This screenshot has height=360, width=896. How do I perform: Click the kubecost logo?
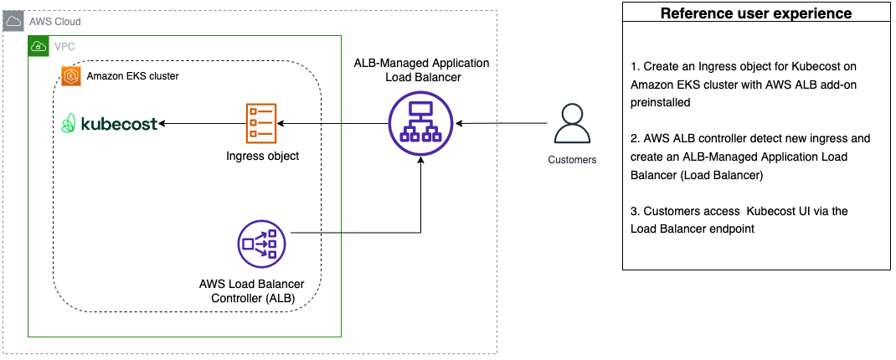coord(110,124)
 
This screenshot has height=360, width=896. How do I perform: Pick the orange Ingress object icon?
coord(261,123)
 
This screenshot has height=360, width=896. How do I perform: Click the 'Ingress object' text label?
coord(262,156)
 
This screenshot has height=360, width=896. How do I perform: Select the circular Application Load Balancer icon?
coord(420,124)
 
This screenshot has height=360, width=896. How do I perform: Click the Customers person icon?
coord(572,124)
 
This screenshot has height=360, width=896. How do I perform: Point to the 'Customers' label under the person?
coord(572,159)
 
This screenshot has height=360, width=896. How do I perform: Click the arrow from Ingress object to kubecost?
coord(201,124)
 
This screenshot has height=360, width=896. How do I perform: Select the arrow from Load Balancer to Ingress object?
coord(335,124)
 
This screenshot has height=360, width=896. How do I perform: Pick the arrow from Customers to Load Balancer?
coord(502,124)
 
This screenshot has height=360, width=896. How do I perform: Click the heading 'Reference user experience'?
coord(755,13)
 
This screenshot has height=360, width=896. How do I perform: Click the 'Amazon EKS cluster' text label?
coord(132,76)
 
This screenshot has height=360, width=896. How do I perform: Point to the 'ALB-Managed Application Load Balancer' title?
coord(420,70)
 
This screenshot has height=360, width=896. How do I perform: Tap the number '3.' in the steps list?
coord(636,211)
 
